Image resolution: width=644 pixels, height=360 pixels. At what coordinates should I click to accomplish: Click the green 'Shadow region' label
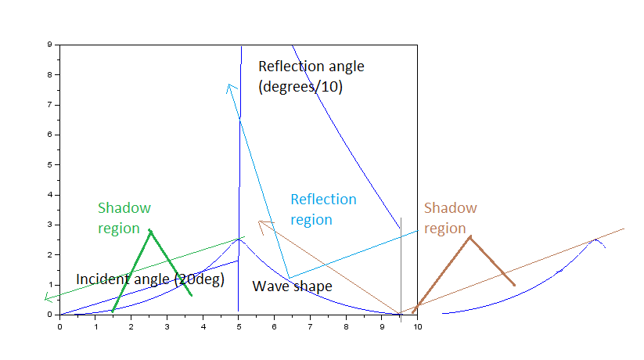point(124,218)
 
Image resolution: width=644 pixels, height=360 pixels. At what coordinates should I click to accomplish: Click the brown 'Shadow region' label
point(450,218)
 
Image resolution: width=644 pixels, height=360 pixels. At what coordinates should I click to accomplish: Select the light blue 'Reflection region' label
point(323,210)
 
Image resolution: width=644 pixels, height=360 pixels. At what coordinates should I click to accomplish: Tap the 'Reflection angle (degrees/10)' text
point(311,77)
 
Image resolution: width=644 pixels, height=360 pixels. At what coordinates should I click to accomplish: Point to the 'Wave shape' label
point(292,286)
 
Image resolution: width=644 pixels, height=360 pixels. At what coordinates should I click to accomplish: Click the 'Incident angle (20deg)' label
point(150,279)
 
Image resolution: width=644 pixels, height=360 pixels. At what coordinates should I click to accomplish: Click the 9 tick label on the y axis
point(49,45)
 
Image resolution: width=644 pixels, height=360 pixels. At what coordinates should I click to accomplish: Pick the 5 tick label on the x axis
point(238,326)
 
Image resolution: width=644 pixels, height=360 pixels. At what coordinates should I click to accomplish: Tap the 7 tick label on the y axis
point(49,105)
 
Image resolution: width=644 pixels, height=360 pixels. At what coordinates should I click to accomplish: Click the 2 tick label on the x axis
point(131,326)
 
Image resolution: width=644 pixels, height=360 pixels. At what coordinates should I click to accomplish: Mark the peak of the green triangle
point(149,230)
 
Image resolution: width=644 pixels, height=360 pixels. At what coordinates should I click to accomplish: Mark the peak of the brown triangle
point(470,236)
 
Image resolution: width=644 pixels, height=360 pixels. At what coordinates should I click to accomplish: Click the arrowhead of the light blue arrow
point(228,85)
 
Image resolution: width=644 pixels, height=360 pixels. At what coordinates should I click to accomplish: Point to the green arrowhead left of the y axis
point(47,298)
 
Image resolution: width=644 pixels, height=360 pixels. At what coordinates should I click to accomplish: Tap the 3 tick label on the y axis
point(49,225)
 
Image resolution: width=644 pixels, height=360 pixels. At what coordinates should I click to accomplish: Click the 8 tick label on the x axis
point(345,326)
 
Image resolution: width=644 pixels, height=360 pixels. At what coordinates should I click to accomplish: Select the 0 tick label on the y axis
point(49,315)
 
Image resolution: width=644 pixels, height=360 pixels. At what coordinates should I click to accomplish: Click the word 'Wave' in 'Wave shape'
point(268,286)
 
